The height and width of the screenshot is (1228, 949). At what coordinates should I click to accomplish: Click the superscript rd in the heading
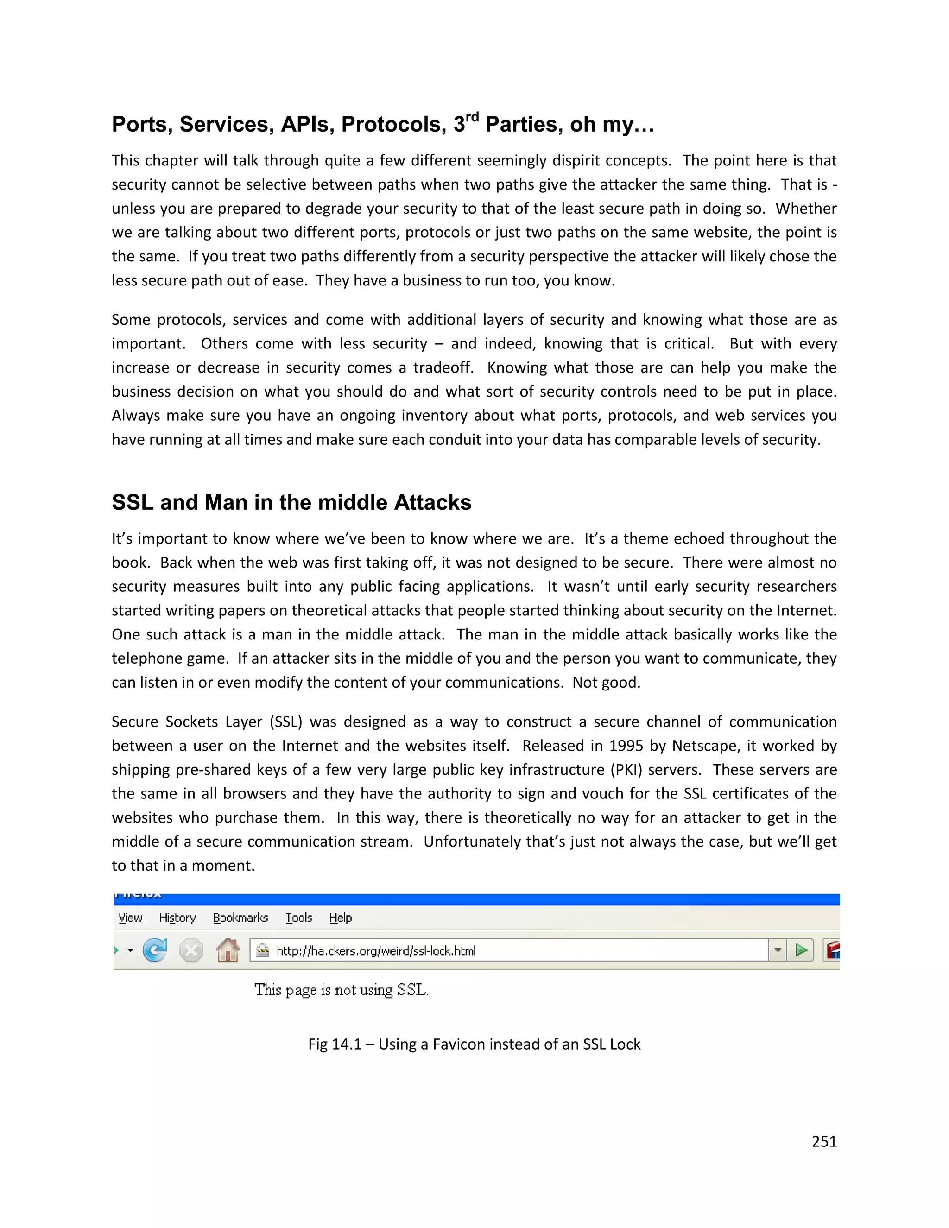pos(472,117)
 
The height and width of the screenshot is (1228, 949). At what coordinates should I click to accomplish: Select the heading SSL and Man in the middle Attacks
pos(291,502)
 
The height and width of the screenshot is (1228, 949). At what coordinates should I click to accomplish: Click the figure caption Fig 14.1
pos(474,1044)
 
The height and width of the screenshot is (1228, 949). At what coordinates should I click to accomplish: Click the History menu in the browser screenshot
pos(177,918)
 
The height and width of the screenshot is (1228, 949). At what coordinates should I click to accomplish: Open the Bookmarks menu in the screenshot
pos(240,918)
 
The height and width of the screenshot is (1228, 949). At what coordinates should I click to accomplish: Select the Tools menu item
pos(298,918)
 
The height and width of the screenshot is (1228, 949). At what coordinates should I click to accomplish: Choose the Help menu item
pos(340,918)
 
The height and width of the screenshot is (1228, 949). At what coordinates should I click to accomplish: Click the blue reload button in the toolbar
pos(155,950)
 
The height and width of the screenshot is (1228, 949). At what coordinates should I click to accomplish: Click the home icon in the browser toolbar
pos(228,950)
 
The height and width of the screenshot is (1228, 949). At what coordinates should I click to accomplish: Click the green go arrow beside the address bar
pos(801,950)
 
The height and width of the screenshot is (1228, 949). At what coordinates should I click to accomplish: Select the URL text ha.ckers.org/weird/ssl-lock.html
pos(375,951)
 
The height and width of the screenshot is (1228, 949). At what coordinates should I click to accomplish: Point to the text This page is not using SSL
pos(341,990)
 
